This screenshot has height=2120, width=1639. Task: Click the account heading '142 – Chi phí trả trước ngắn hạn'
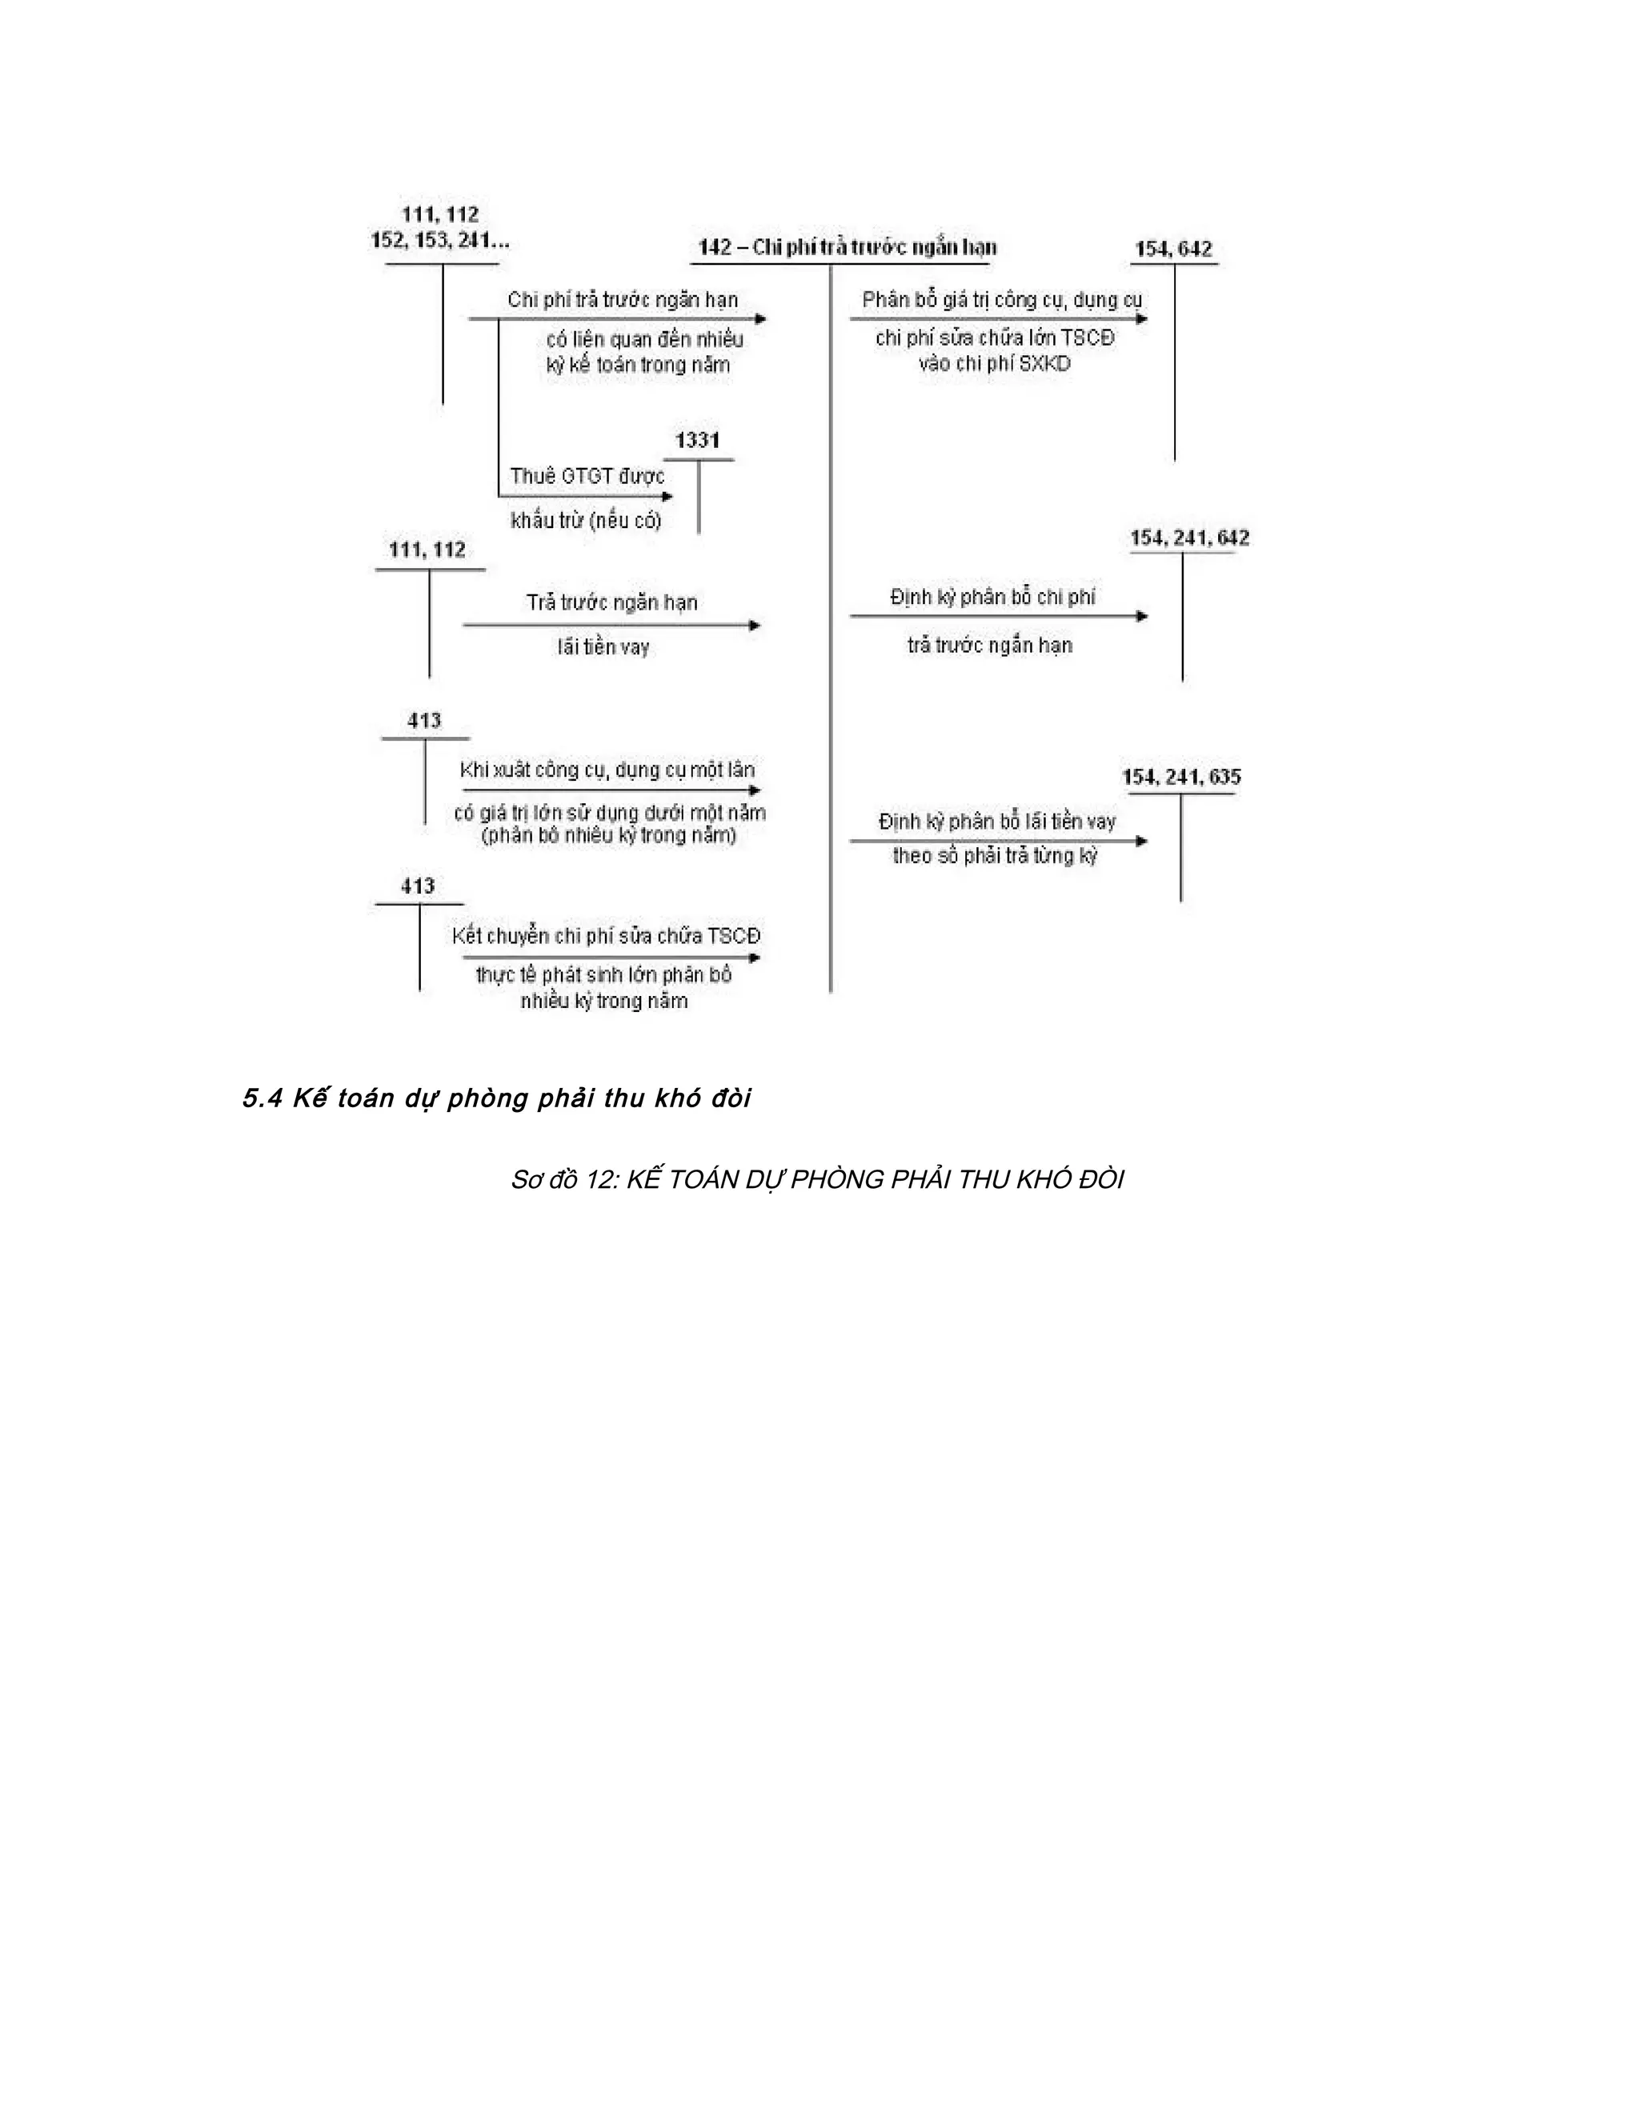pos(847,247)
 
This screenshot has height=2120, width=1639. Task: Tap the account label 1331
pos(697,441)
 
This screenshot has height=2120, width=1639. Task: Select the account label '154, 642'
pos(1174,250)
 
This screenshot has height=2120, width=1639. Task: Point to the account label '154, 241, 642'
pos(1189,538)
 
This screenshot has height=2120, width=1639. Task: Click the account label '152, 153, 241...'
pos(440,241)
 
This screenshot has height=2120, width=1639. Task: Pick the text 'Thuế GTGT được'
pos(587,477)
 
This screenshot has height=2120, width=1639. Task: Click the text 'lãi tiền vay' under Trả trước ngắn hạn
pos(603,647)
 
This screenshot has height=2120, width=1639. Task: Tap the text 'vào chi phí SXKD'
pos(994,365)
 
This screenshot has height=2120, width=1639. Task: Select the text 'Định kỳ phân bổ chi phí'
pos(992,597)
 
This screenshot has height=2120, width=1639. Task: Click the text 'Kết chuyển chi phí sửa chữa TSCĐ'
pos(606,936)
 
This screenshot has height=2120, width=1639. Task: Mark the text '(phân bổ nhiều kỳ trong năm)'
pos(609,836)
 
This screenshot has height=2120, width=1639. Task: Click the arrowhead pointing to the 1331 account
pos(667,497)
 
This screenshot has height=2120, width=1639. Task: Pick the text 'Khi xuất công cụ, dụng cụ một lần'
pos(607,770)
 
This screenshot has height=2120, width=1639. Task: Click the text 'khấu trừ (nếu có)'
pos(586,520)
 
